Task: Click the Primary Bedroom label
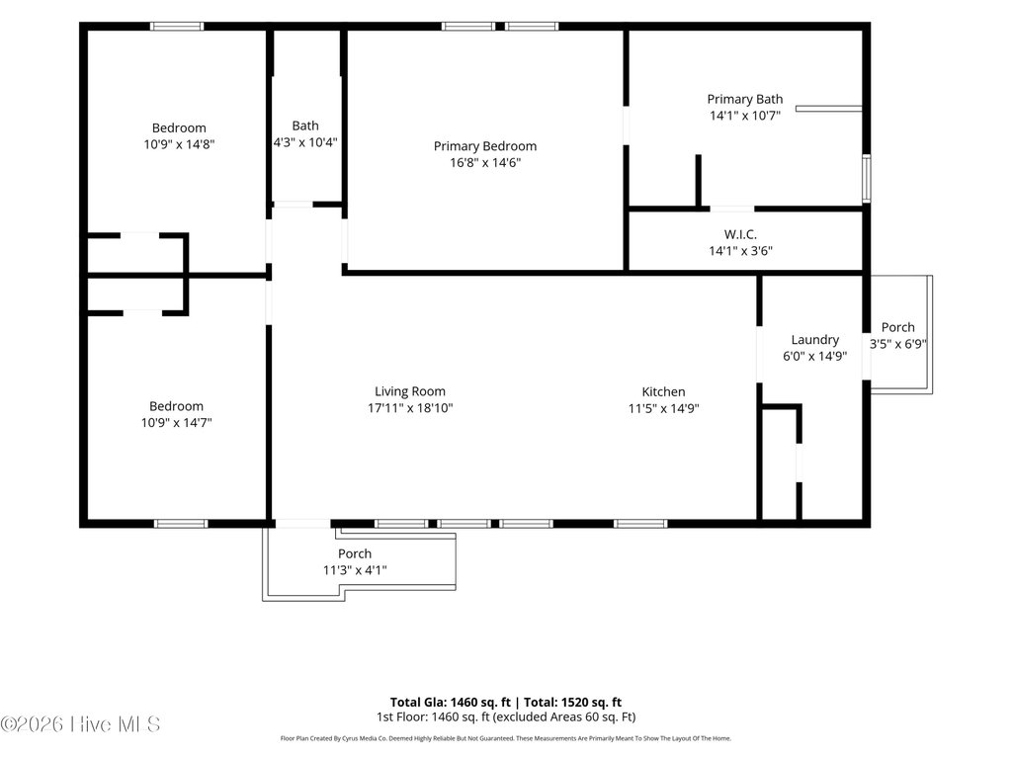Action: pos(484,146)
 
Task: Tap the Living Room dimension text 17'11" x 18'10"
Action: pos(410,408)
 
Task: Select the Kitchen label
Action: pos(663,391)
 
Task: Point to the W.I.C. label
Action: pos(740,234)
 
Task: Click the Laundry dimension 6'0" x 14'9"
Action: pos(814,356)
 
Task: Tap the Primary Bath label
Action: pos(745,100)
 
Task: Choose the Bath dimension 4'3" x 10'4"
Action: pos(305,142)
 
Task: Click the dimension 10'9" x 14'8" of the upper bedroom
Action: pos(179,144)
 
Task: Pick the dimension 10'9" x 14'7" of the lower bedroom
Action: pos(176,423)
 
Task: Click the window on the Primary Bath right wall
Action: pos(867,179)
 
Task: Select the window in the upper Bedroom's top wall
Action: pos(177,27)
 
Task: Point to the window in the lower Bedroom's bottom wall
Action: pos(181,524)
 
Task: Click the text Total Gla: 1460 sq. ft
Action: pos(451,703)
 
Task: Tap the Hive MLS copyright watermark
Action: pos(80,724)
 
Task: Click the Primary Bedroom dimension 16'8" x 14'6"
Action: pos(485,163)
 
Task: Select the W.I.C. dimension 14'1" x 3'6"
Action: pos(740,251)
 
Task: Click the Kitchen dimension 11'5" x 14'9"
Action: pos(663,408)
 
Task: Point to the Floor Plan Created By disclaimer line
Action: pos(505,738)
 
